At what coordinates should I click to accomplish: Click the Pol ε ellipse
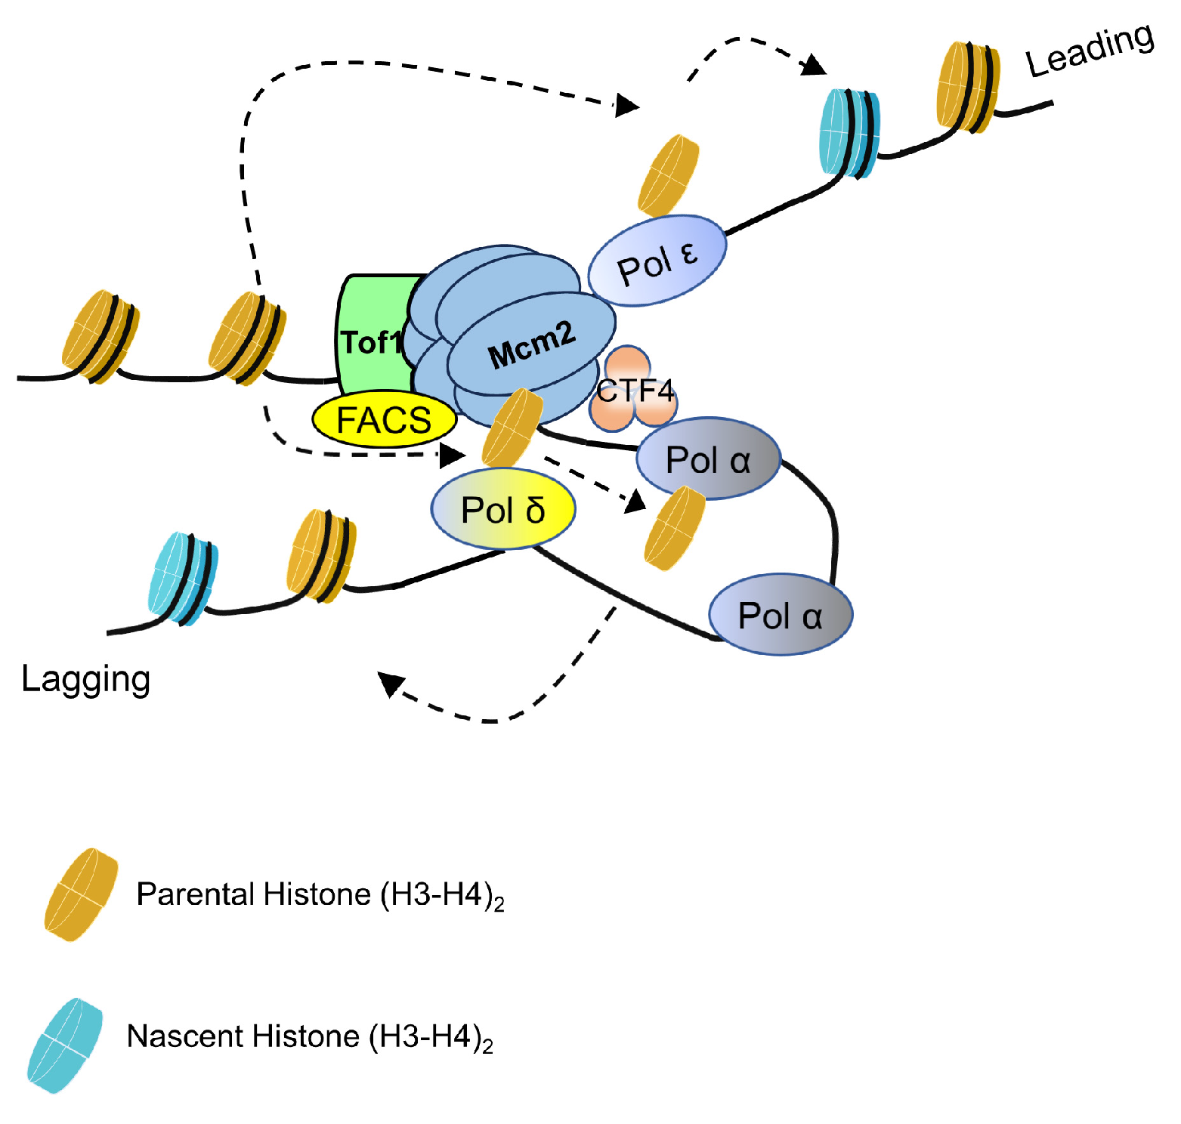point(657,261)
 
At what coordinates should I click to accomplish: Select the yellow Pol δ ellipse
point(503,508)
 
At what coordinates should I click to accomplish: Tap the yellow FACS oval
point(385,420)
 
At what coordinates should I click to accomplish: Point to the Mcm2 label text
point(531,345)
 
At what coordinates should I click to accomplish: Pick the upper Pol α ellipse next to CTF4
point(708,459)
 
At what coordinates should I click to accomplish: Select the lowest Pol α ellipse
point(781,615)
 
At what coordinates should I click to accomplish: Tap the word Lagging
point(85,678)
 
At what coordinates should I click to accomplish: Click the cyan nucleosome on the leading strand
point(849,133)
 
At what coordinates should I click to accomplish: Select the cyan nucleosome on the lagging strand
point(182,578)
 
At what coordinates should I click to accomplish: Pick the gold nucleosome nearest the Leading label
point(967,87)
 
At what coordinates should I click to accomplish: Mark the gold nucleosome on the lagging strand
point(321,556)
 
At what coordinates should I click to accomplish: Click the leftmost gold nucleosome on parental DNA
point(99,337)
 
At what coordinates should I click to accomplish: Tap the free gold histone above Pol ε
point(668,176)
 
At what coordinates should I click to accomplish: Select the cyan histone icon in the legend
point(65,1045)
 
